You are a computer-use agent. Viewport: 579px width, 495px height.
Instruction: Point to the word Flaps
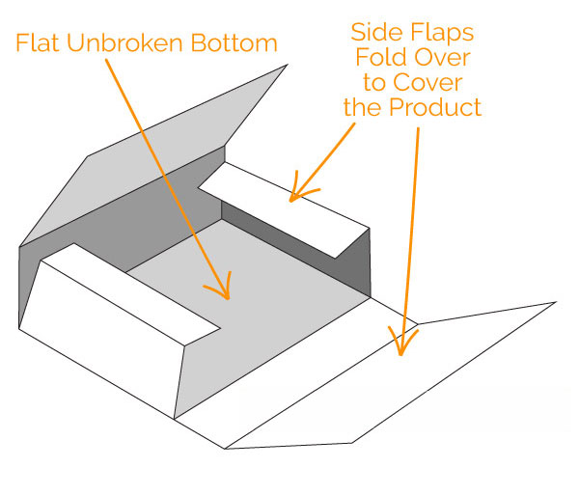tap(445, 32)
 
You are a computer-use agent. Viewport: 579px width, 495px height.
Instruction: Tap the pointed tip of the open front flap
tap(556, 303)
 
